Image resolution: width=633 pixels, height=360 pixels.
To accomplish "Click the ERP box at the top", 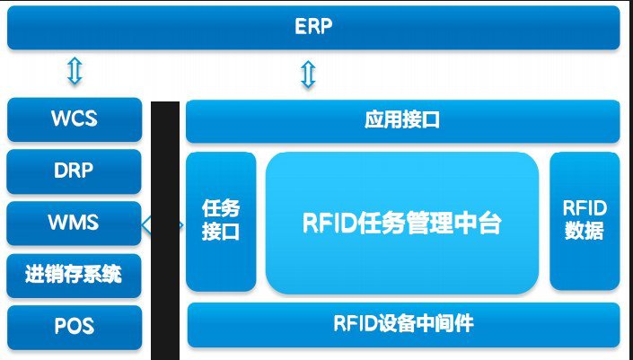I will point(313,27).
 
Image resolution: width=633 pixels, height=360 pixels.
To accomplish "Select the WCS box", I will point(75,119).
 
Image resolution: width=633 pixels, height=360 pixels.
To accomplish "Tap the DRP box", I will point(75,170).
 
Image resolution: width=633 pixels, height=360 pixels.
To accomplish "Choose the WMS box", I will point(75,221).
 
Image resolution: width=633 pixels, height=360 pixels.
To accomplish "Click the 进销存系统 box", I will point(75,275).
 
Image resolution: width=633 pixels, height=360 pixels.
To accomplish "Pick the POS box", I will point(75,326).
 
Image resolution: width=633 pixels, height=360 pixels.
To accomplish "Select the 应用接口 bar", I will point(402,119).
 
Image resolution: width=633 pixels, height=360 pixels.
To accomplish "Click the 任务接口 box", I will point(221,221).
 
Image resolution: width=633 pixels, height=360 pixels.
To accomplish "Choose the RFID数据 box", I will point(585,221).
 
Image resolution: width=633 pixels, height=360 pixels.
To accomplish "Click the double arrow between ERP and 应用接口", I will point(307,75).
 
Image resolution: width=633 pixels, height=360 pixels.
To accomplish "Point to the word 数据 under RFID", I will point(585,232).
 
